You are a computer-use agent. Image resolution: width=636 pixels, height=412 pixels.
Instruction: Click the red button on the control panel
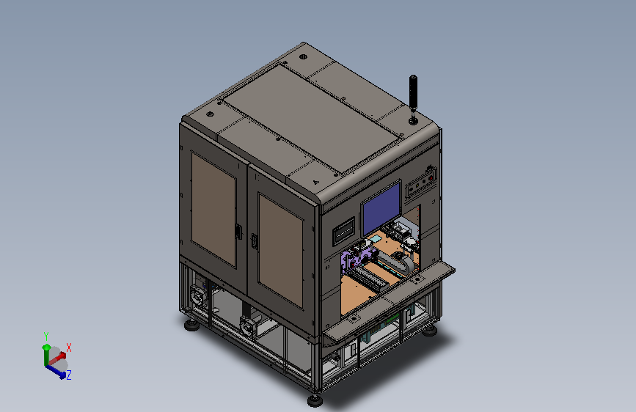(x=431, y=178)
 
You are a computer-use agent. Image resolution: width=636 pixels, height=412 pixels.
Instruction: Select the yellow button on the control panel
(x=417, y=185)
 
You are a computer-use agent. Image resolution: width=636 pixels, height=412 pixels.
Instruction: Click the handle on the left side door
(x=238, y=232)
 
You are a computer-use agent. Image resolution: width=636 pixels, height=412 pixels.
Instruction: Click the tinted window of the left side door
(x=213, y=210)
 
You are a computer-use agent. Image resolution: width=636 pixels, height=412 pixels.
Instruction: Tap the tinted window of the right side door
(x=281, y=250)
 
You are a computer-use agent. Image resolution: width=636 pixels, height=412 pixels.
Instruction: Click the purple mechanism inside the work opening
(x=357, y=258)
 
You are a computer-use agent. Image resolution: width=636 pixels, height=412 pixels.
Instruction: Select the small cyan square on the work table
(x=376, y=240)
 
